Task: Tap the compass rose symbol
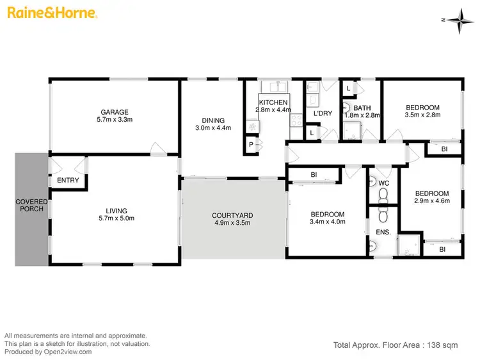[458, 20]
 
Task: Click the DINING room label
[213, 120]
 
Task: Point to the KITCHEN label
[273, 102]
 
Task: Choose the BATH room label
[362, 108]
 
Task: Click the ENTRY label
[68, 180]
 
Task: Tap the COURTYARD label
[233, 215]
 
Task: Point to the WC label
[383, 183]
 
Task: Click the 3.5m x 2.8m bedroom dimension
[422, 115]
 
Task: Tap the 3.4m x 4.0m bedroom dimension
[328, 222]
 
